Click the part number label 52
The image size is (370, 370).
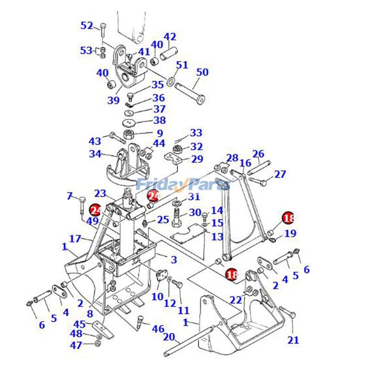pos(87,26)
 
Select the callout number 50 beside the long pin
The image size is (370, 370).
pos(203,73)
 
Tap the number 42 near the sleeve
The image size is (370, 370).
pos(170,37)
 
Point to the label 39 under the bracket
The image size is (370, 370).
pos(114,100)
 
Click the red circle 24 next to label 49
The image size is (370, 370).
pos(96,210)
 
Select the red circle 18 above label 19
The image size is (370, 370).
pos(289,218)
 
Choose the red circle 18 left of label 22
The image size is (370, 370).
pos(232,275)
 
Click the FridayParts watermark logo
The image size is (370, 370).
pos(184,185)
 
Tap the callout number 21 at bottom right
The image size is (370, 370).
pos(293,340)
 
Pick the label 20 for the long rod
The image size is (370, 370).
pos(169,337)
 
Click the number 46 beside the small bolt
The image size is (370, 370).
pos(158,329)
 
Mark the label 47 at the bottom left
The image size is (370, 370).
pos(76,345)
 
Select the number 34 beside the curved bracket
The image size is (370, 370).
pos(95,154)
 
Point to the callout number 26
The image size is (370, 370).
pos(258,154)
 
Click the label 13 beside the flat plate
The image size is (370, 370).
pos(217,237)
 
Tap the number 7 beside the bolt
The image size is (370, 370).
pos(70,197)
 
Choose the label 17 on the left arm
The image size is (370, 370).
pos(75,239)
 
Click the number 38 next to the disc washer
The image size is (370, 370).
pos(159,120)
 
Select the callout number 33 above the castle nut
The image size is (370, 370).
pos(196,133)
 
